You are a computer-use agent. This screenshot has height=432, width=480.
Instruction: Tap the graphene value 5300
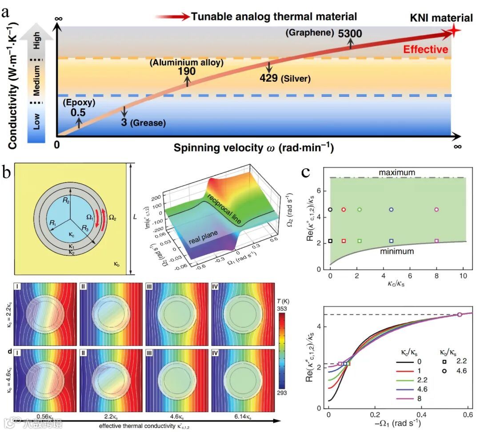[x=350, y=33]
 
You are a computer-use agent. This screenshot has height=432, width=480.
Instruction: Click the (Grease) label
[x=148, y=122]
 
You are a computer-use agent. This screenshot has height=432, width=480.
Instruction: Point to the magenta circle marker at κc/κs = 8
[x=436, y=209]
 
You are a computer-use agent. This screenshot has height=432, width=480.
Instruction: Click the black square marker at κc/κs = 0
[x=330, y=241]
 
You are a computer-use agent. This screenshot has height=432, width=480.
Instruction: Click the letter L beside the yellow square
[x=134, y=217]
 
